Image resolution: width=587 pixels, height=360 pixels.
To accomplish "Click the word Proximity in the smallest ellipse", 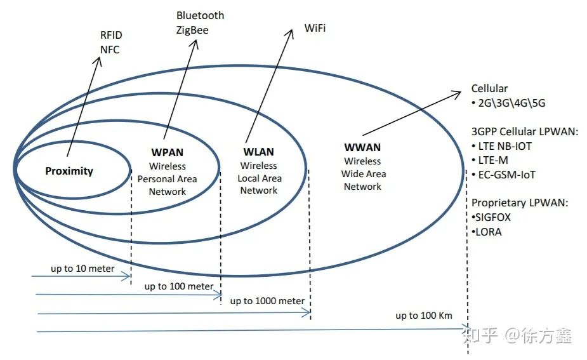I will [69, 171].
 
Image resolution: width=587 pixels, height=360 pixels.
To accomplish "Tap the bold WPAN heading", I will [168, 152].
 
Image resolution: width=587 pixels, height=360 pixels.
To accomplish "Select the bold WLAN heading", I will [258, 152].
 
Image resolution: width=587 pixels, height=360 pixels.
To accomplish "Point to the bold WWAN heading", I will [362, 148].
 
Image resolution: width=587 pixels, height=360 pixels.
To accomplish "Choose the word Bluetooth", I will [200, 15].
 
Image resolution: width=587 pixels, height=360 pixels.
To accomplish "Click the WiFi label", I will [315, 29].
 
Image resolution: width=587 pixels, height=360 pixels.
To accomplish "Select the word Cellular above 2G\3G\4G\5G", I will [489, 89].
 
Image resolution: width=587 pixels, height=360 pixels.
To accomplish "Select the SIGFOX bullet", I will [491, 217].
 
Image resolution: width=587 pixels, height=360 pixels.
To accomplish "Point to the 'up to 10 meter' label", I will [82, 269].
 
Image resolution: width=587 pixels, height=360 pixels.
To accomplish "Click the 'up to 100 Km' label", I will [424, 316].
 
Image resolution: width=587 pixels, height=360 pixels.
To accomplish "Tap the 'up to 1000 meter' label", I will [267, 301].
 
